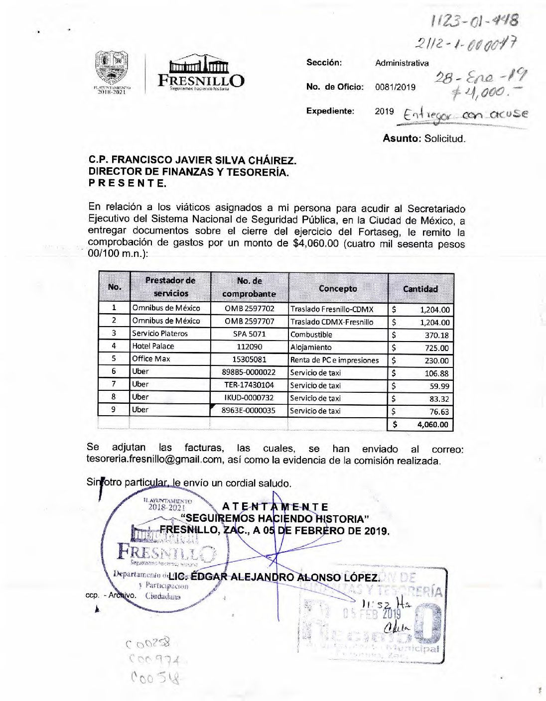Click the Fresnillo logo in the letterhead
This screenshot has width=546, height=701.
201,73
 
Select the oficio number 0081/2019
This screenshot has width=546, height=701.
395,87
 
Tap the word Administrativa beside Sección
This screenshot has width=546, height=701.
402,63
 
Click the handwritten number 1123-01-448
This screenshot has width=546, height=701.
474,20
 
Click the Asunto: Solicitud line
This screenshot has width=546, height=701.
424,139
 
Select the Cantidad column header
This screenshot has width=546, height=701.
420,289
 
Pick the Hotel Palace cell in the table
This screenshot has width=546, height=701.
153,346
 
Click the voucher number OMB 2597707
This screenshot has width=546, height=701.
249,322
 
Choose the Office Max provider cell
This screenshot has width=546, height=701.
151,359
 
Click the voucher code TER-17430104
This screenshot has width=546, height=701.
249,385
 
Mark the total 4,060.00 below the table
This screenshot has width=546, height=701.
432,425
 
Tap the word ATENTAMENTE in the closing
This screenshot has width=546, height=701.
275,507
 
